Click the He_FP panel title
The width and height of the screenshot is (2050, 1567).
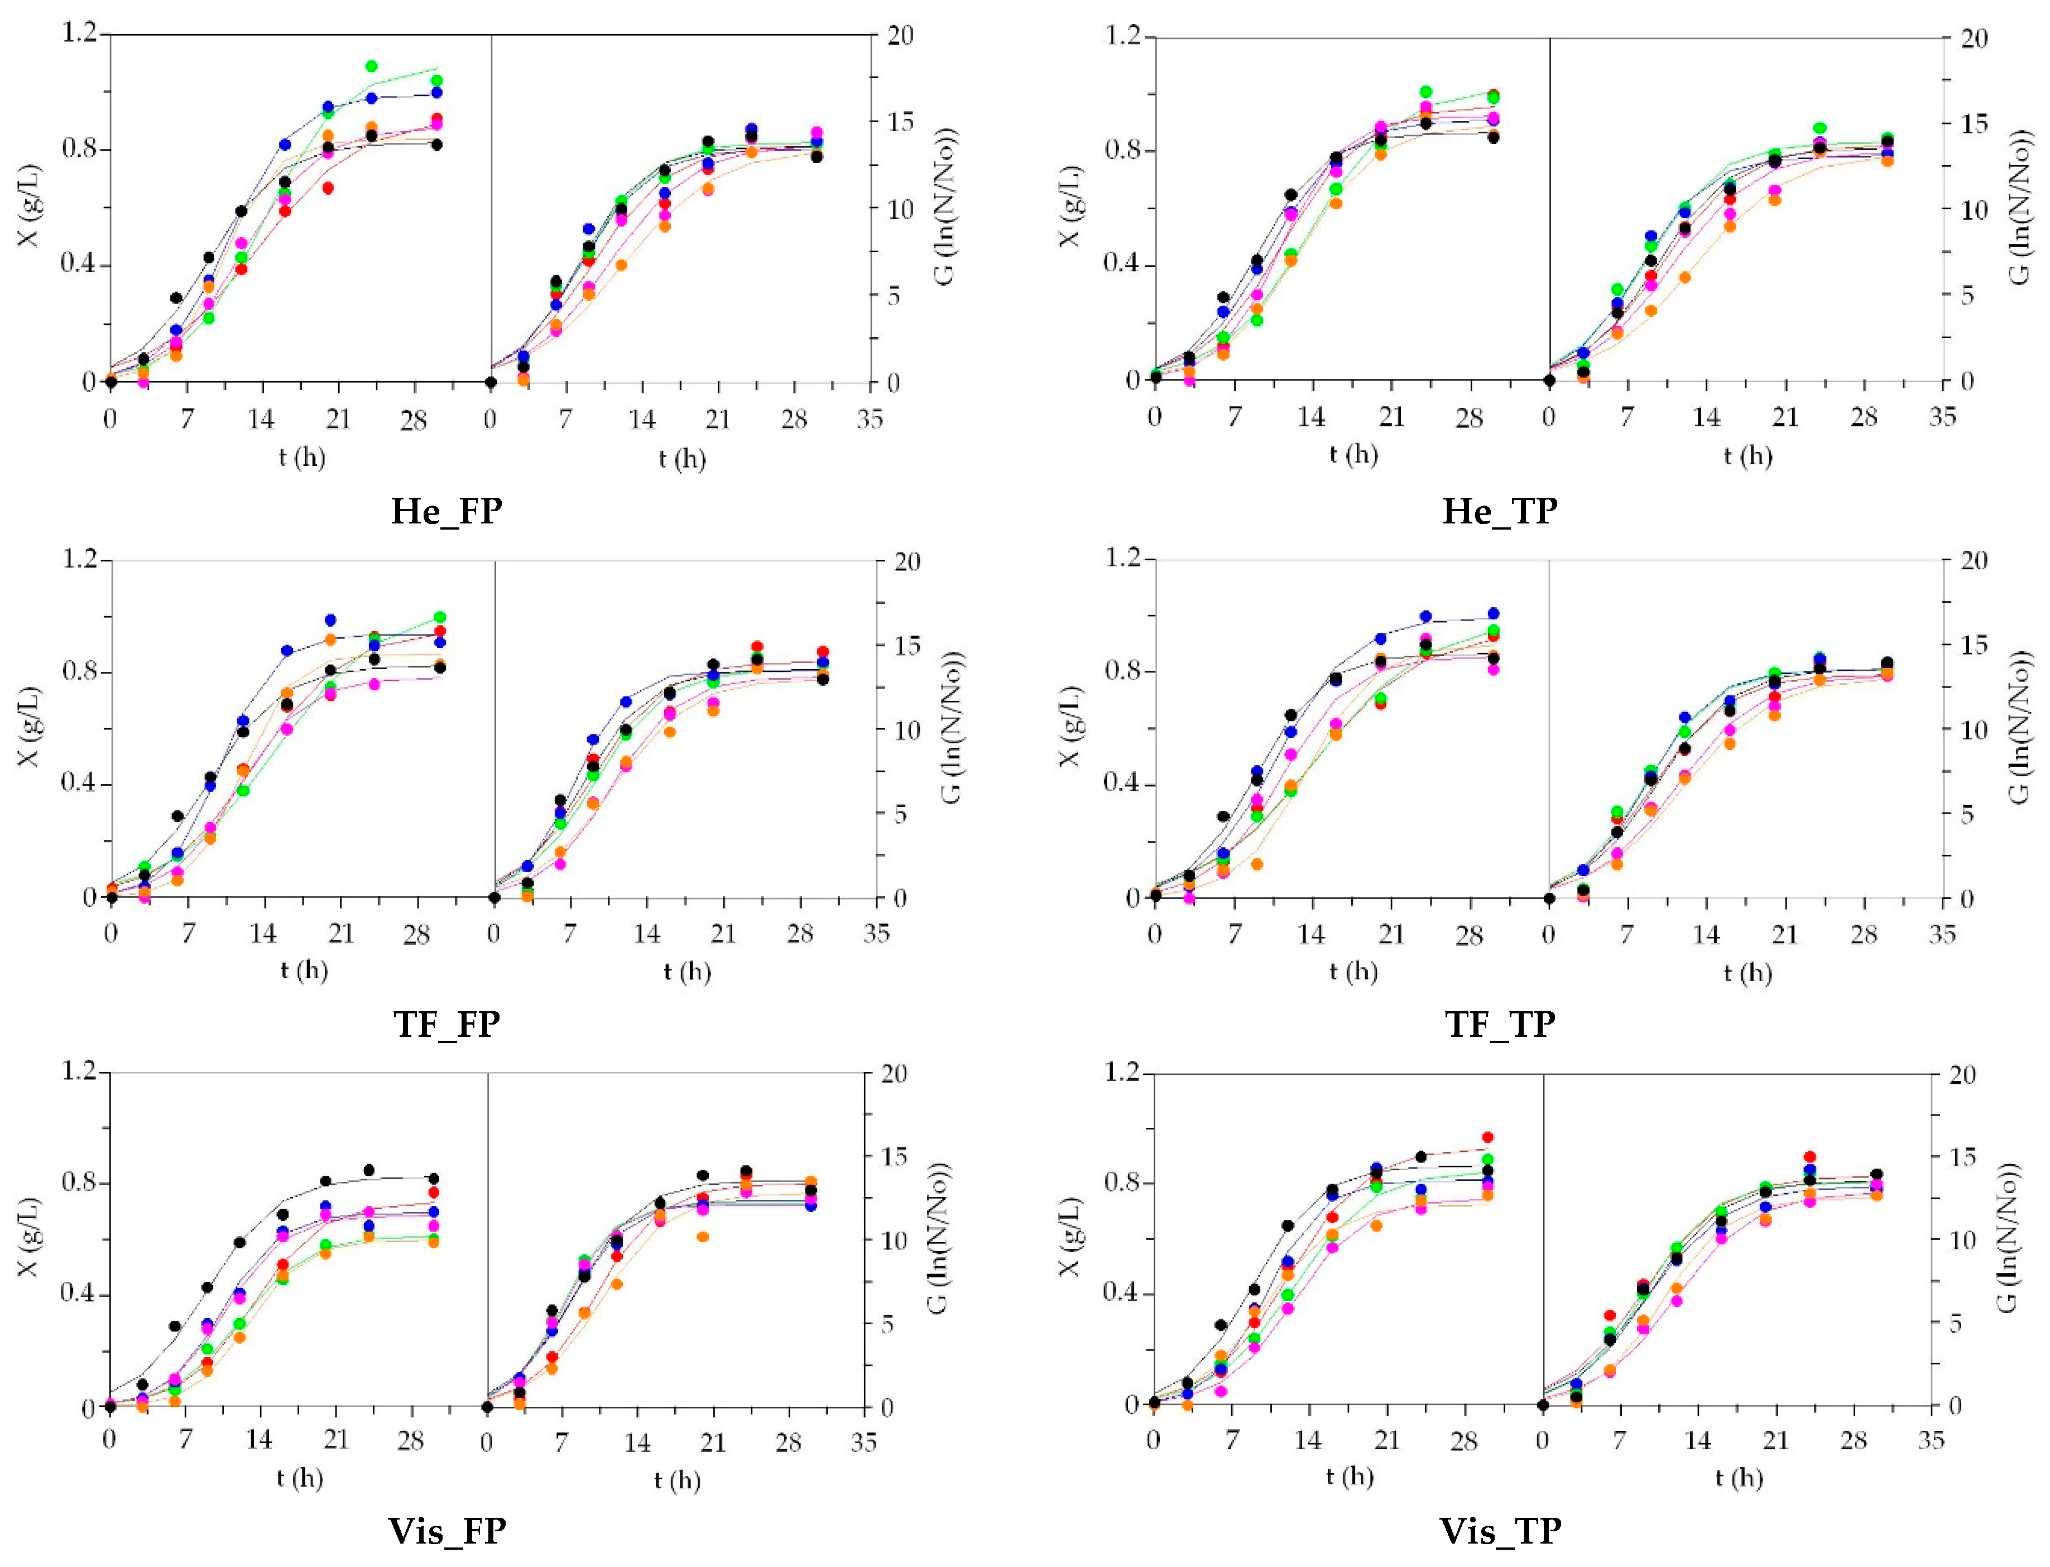point(446,511)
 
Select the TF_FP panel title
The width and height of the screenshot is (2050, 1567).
point(446,1024)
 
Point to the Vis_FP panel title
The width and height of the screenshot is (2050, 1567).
point(447,1531)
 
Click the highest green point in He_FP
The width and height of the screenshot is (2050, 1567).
point(371,66)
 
